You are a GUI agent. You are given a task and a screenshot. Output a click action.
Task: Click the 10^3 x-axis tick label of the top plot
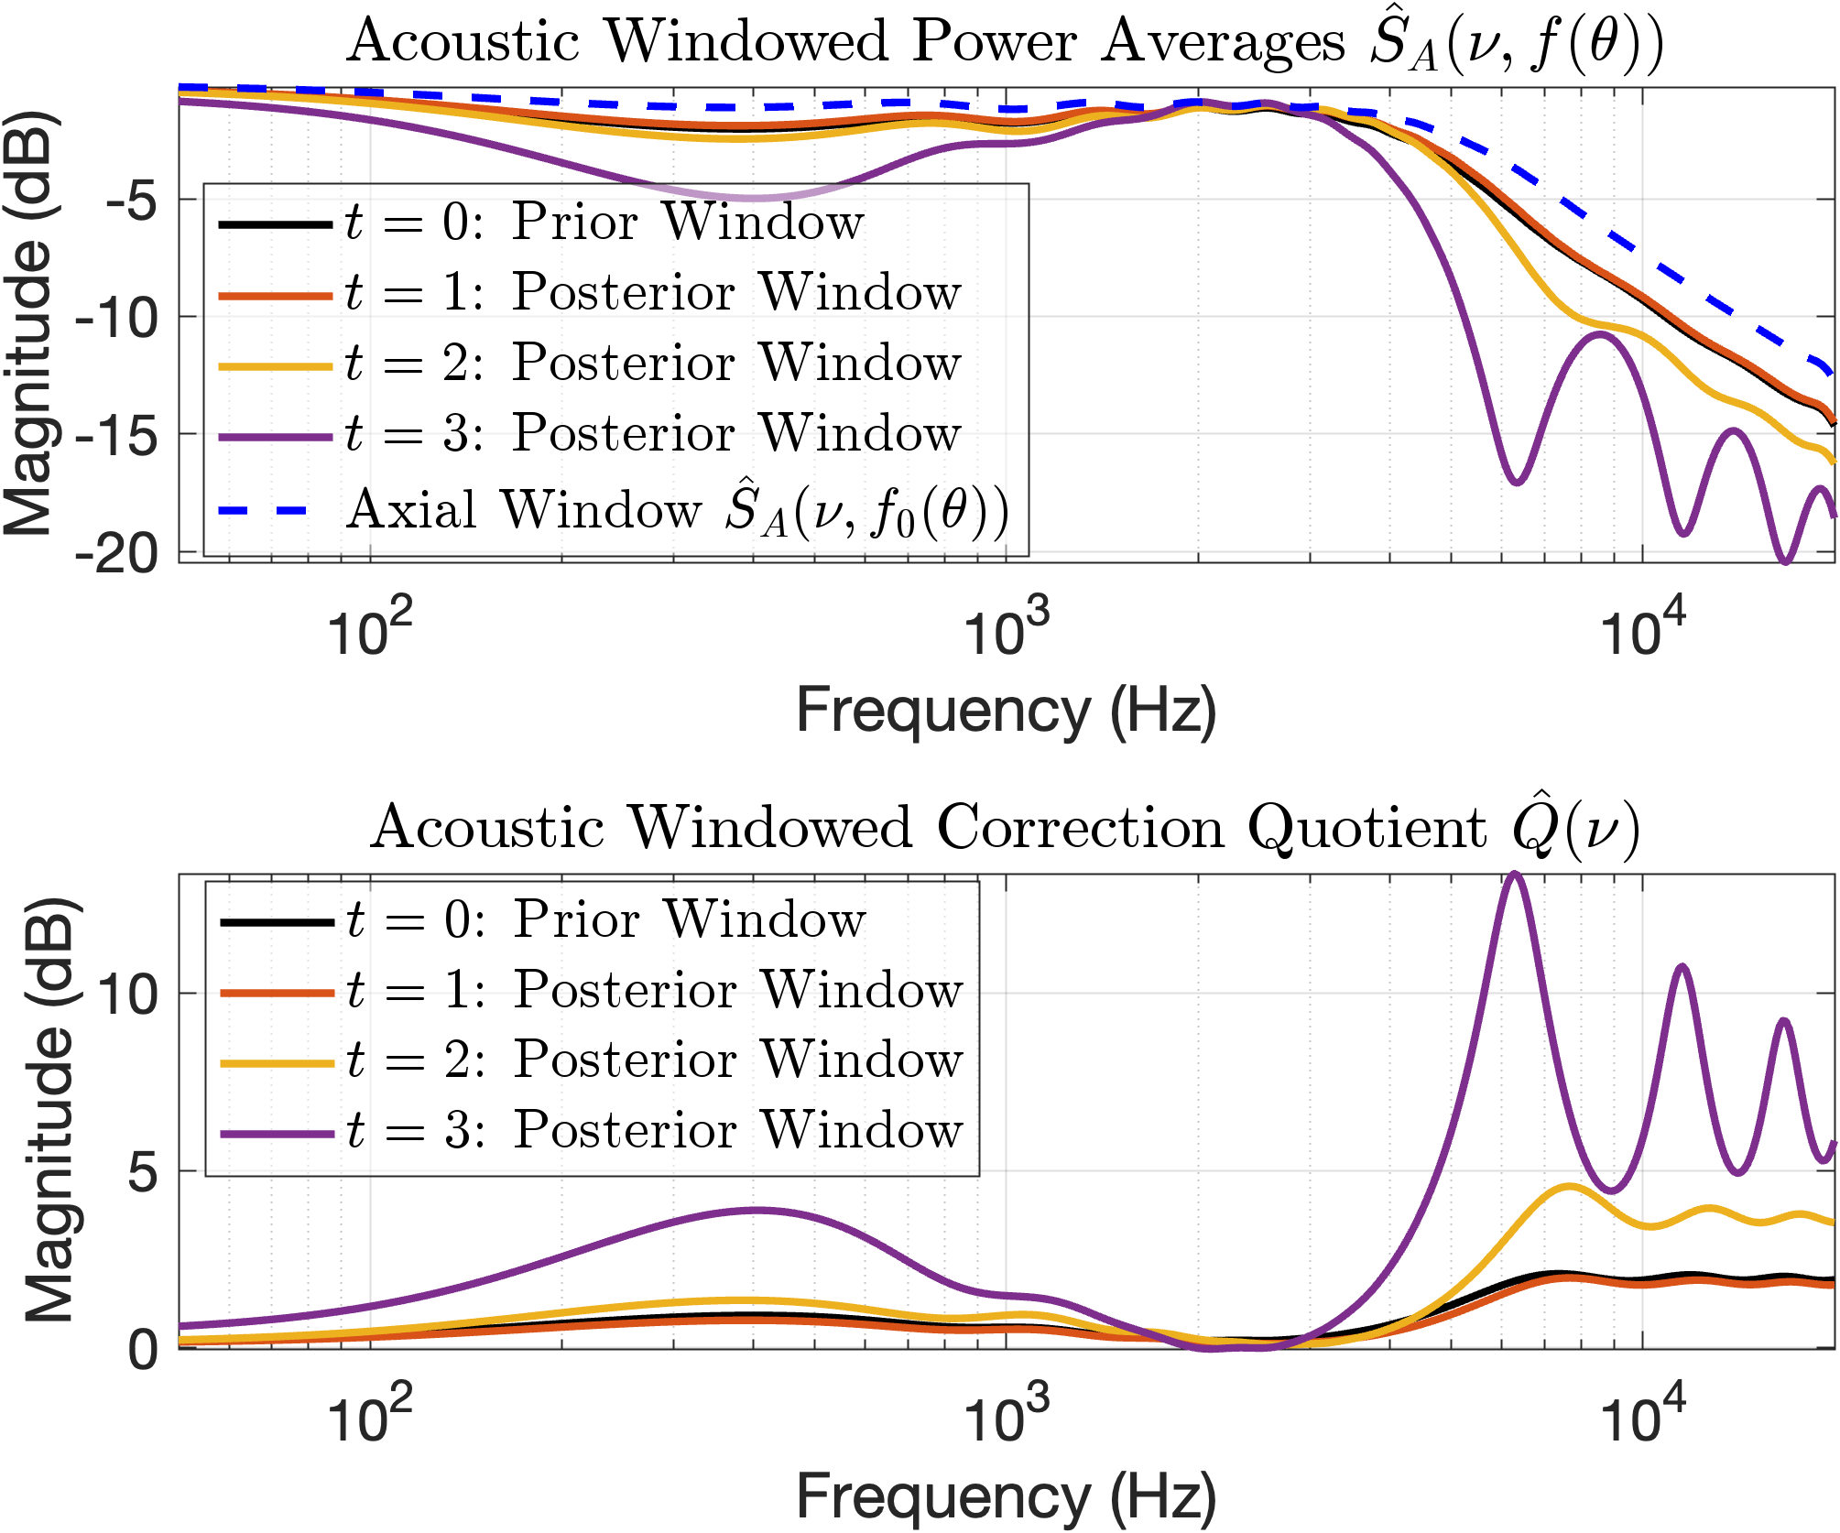pos(1006,627)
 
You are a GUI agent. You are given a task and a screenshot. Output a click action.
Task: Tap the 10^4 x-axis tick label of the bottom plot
pos(1641,1415)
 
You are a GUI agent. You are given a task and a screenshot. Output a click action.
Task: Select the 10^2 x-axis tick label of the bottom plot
pos(369,1415)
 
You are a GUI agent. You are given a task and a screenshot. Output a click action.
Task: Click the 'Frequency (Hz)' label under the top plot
pos(1006,711)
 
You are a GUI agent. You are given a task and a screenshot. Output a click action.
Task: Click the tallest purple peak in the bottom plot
pos(1514,874)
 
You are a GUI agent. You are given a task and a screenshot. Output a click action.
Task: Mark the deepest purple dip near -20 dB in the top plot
pos(1784,560)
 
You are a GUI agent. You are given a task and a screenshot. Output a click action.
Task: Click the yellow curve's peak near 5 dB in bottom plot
pos(1569,1187)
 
